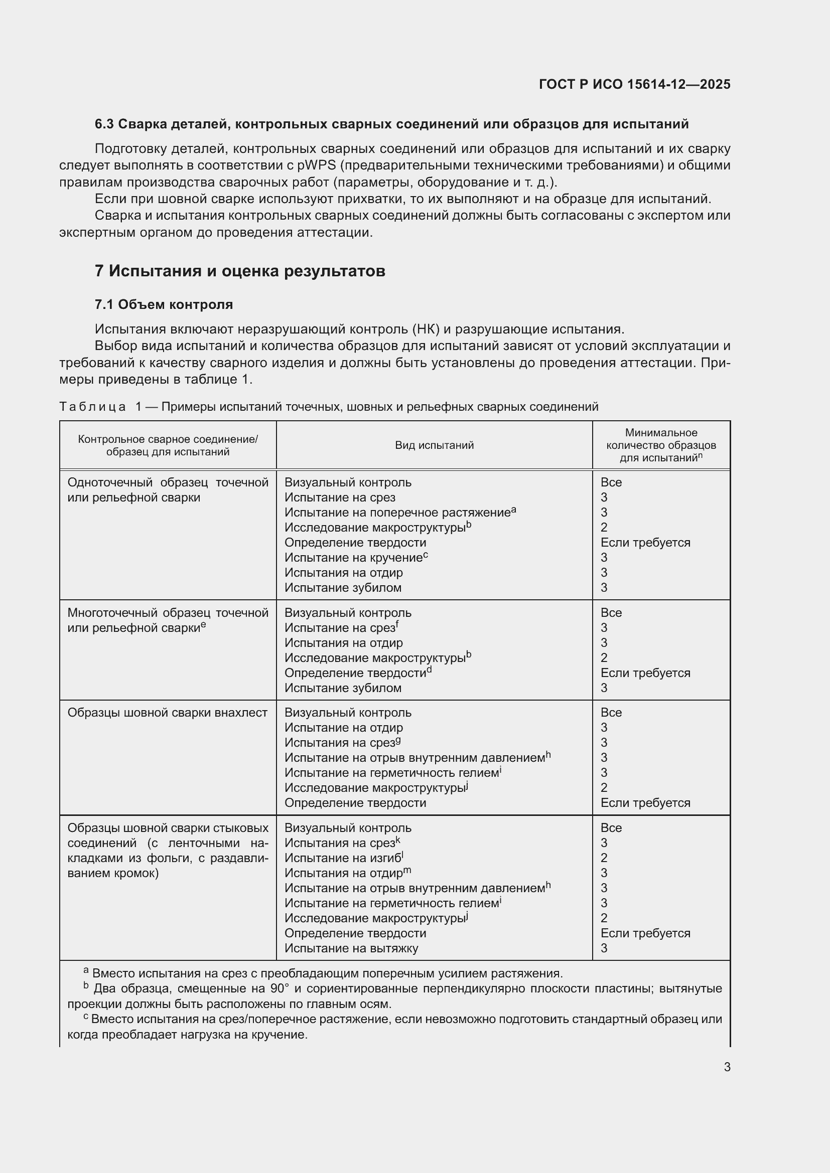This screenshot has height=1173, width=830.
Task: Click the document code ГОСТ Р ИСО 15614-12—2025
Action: (634, 84)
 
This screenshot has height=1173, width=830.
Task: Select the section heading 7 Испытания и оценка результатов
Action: (240, 271)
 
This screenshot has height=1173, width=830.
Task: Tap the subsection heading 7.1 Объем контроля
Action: (164, 304)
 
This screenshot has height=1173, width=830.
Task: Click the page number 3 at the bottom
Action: (727, 1067)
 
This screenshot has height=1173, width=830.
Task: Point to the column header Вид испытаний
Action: (434, 445)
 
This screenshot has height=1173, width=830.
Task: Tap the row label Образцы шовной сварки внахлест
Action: (167, 713)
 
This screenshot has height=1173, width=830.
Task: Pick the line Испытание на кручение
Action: (353, 557)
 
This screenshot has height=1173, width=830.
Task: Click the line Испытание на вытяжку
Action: (351, 948)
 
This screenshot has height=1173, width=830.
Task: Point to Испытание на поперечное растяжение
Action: (397, 513)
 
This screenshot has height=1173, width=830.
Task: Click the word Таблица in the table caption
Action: (92, 407)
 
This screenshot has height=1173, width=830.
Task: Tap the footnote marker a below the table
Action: (86, 970)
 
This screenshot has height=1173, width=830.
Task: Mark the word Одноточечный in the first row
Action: (109, 483)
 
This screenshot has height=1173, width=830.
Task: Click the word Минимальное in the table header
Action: (661, 433)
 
